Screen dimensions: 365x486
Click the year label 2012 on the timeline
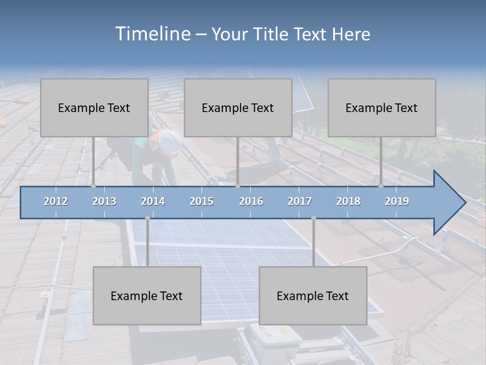tap(56, 201)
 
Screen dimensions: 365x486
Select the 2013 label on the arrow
tap(104, 201)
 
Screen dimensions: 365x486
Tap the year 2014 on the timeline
tap(153, 201)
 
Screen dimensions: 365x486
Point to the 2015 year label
tap(201, 201)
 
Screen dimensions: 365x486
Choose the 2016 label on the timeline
tap(251, 201)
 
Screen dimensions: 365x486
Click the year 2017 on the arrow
tap(300, 201)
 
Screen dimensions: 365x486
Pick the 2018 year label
tap(348, 201)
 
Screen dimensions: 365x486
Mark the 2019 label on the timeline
tap(397, 201)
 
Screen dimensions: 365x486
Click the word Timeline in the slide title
tap(152, 34)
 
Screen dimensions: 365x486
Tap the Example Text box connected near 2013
tap(94, 107)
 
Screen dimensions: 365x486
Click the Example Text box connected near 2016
tap(238, 107)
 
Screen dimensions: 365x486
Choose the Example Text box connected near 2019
tap(382, 107)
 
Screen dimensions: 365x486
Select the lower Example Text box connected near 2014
tap(147, 296)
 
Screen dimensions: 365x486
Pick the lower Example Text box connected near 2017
tap(313, 296)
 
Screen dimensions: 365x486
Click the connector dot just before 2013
tap(94, 186)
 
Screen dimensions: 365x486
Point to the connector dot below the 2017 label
tap(313, 218)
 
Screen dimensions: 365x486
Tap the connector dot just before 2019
tap(381, 186)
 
